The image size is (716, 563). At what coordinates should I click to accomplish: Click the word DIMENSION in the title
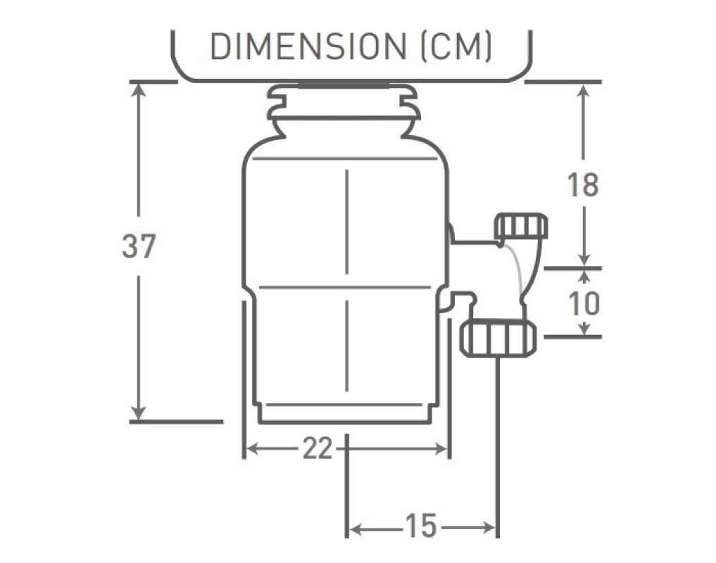306,47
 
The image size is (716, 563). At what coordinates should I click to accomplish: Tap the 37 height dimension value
138,246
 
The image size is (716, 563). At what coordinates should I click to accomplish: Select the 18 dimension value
582,185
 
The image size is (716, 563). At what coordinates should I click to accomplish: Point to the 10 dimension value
583,303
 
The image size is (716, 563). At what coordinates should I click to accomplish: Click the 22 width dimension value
317,448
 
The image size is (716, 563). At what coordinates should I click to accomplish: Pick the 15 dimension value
421,526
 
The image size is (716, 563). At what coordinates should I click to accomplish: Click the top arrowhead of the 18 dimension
583,89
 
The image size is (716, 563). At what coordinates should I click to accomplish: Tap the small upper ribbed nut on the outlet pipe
522,226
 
